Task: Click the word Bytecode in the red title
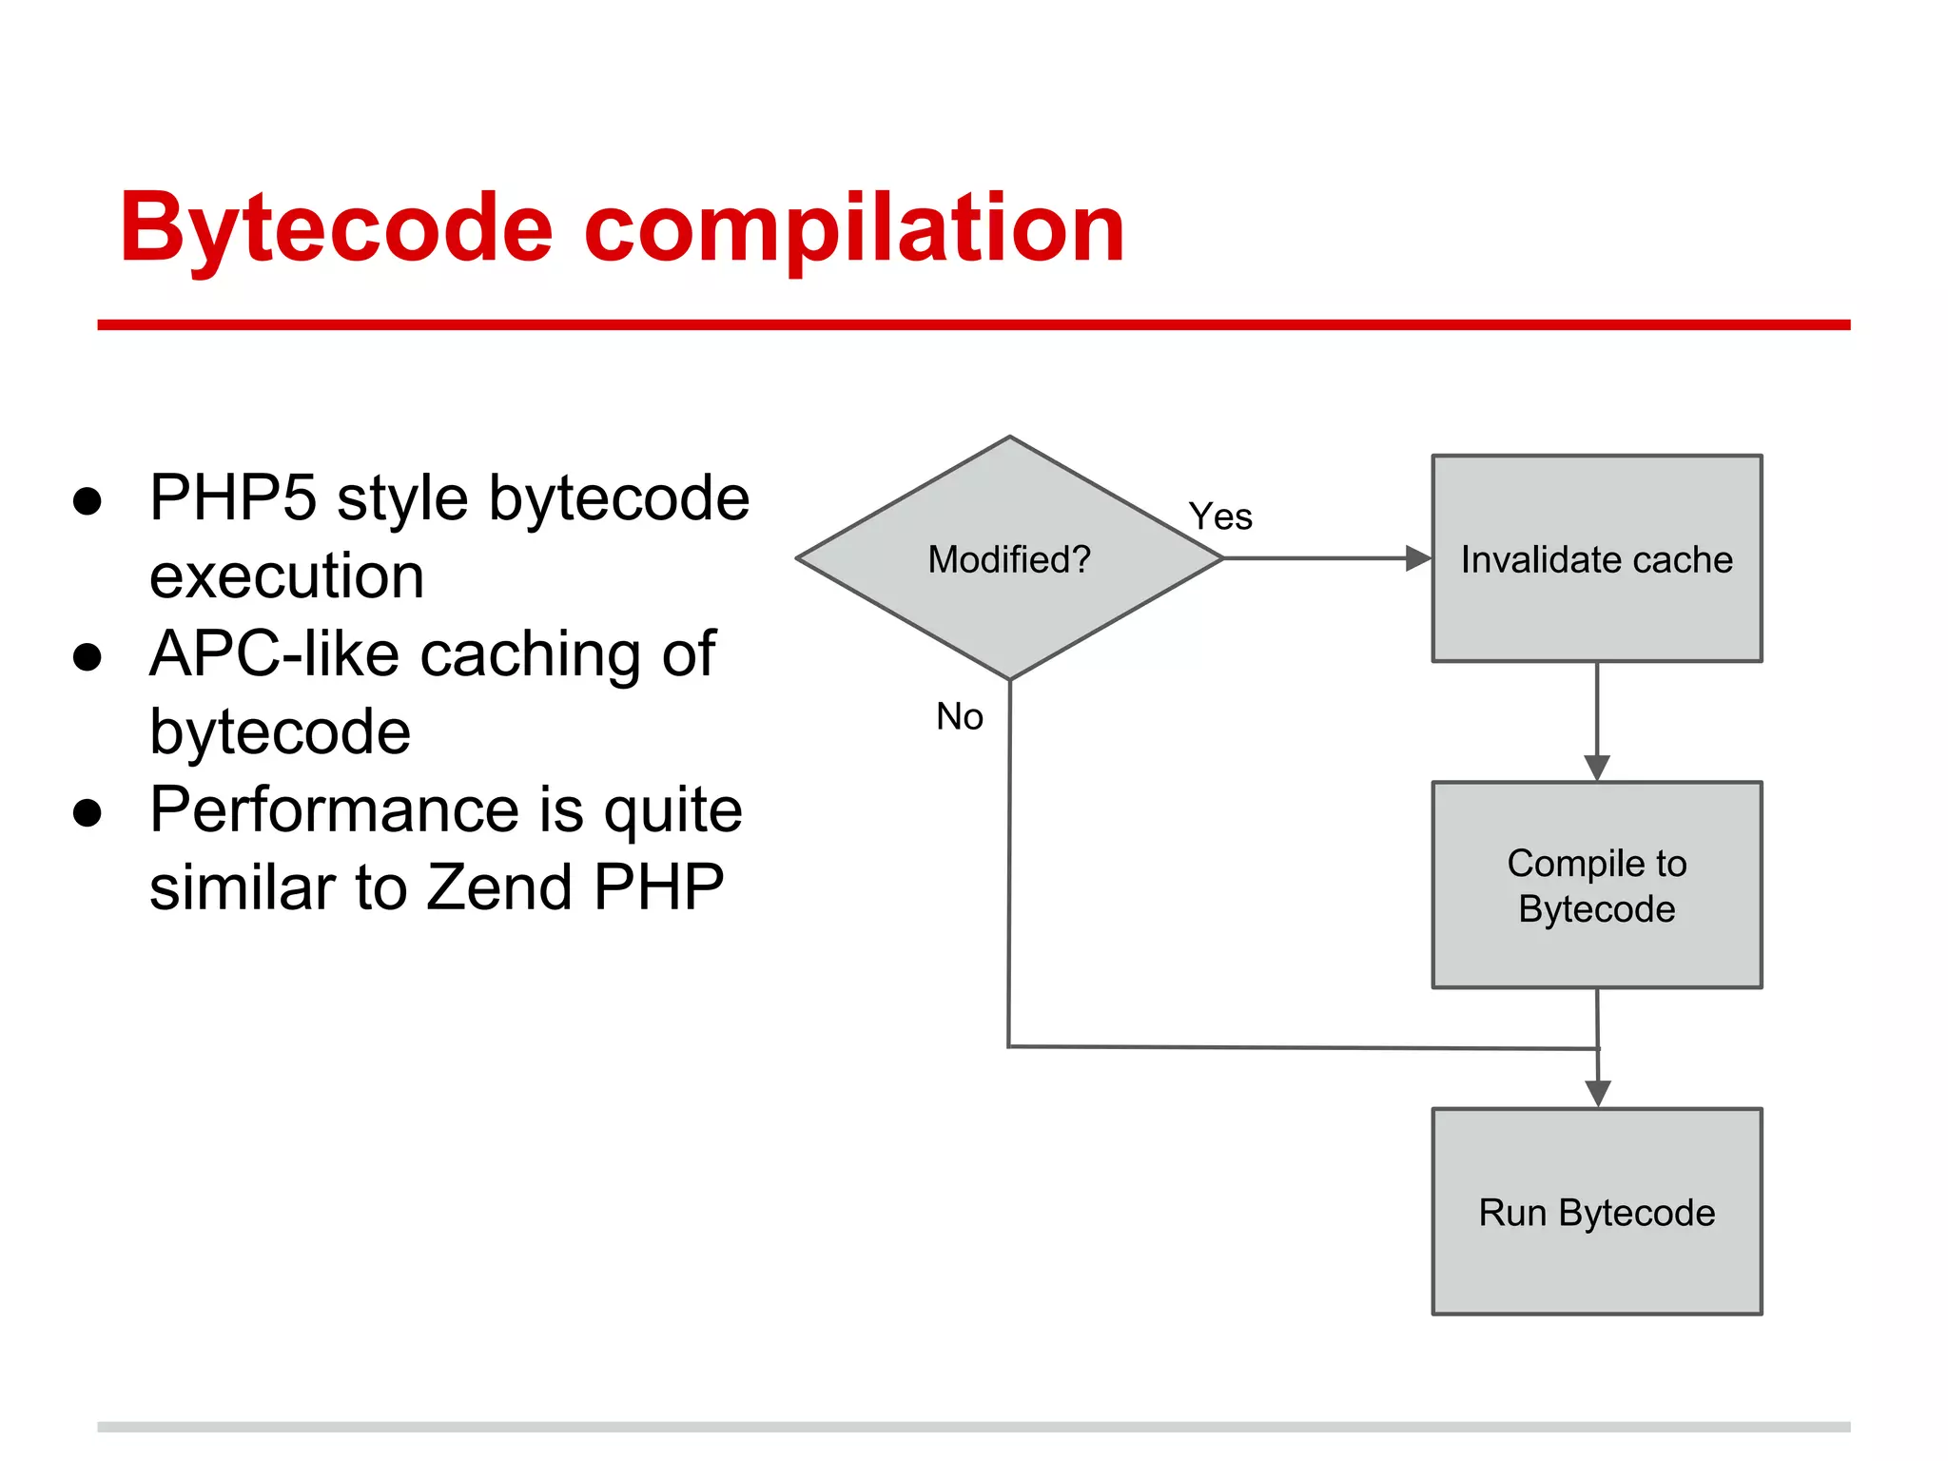335,228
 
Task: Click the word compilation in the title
853,228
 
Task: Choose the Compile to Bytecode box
1596,885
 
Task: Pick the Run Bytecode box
1596,1212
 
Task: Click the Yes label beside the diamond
1220,516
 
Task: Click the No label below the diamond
959,716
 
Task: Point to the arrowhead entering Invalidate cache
1418,558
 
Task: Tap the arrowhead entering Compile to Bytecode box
1597,767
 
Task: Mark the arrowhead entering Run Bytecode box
1598,1093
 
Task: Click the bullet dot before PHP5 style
88,501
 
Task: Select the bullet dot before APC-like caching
88,657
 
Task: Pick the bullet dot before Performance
88,813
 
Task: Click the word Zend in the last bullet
499,887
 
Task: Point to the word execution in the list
286,576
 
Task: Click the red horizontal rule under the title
973,325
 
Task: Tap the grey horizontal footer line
973,1427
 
